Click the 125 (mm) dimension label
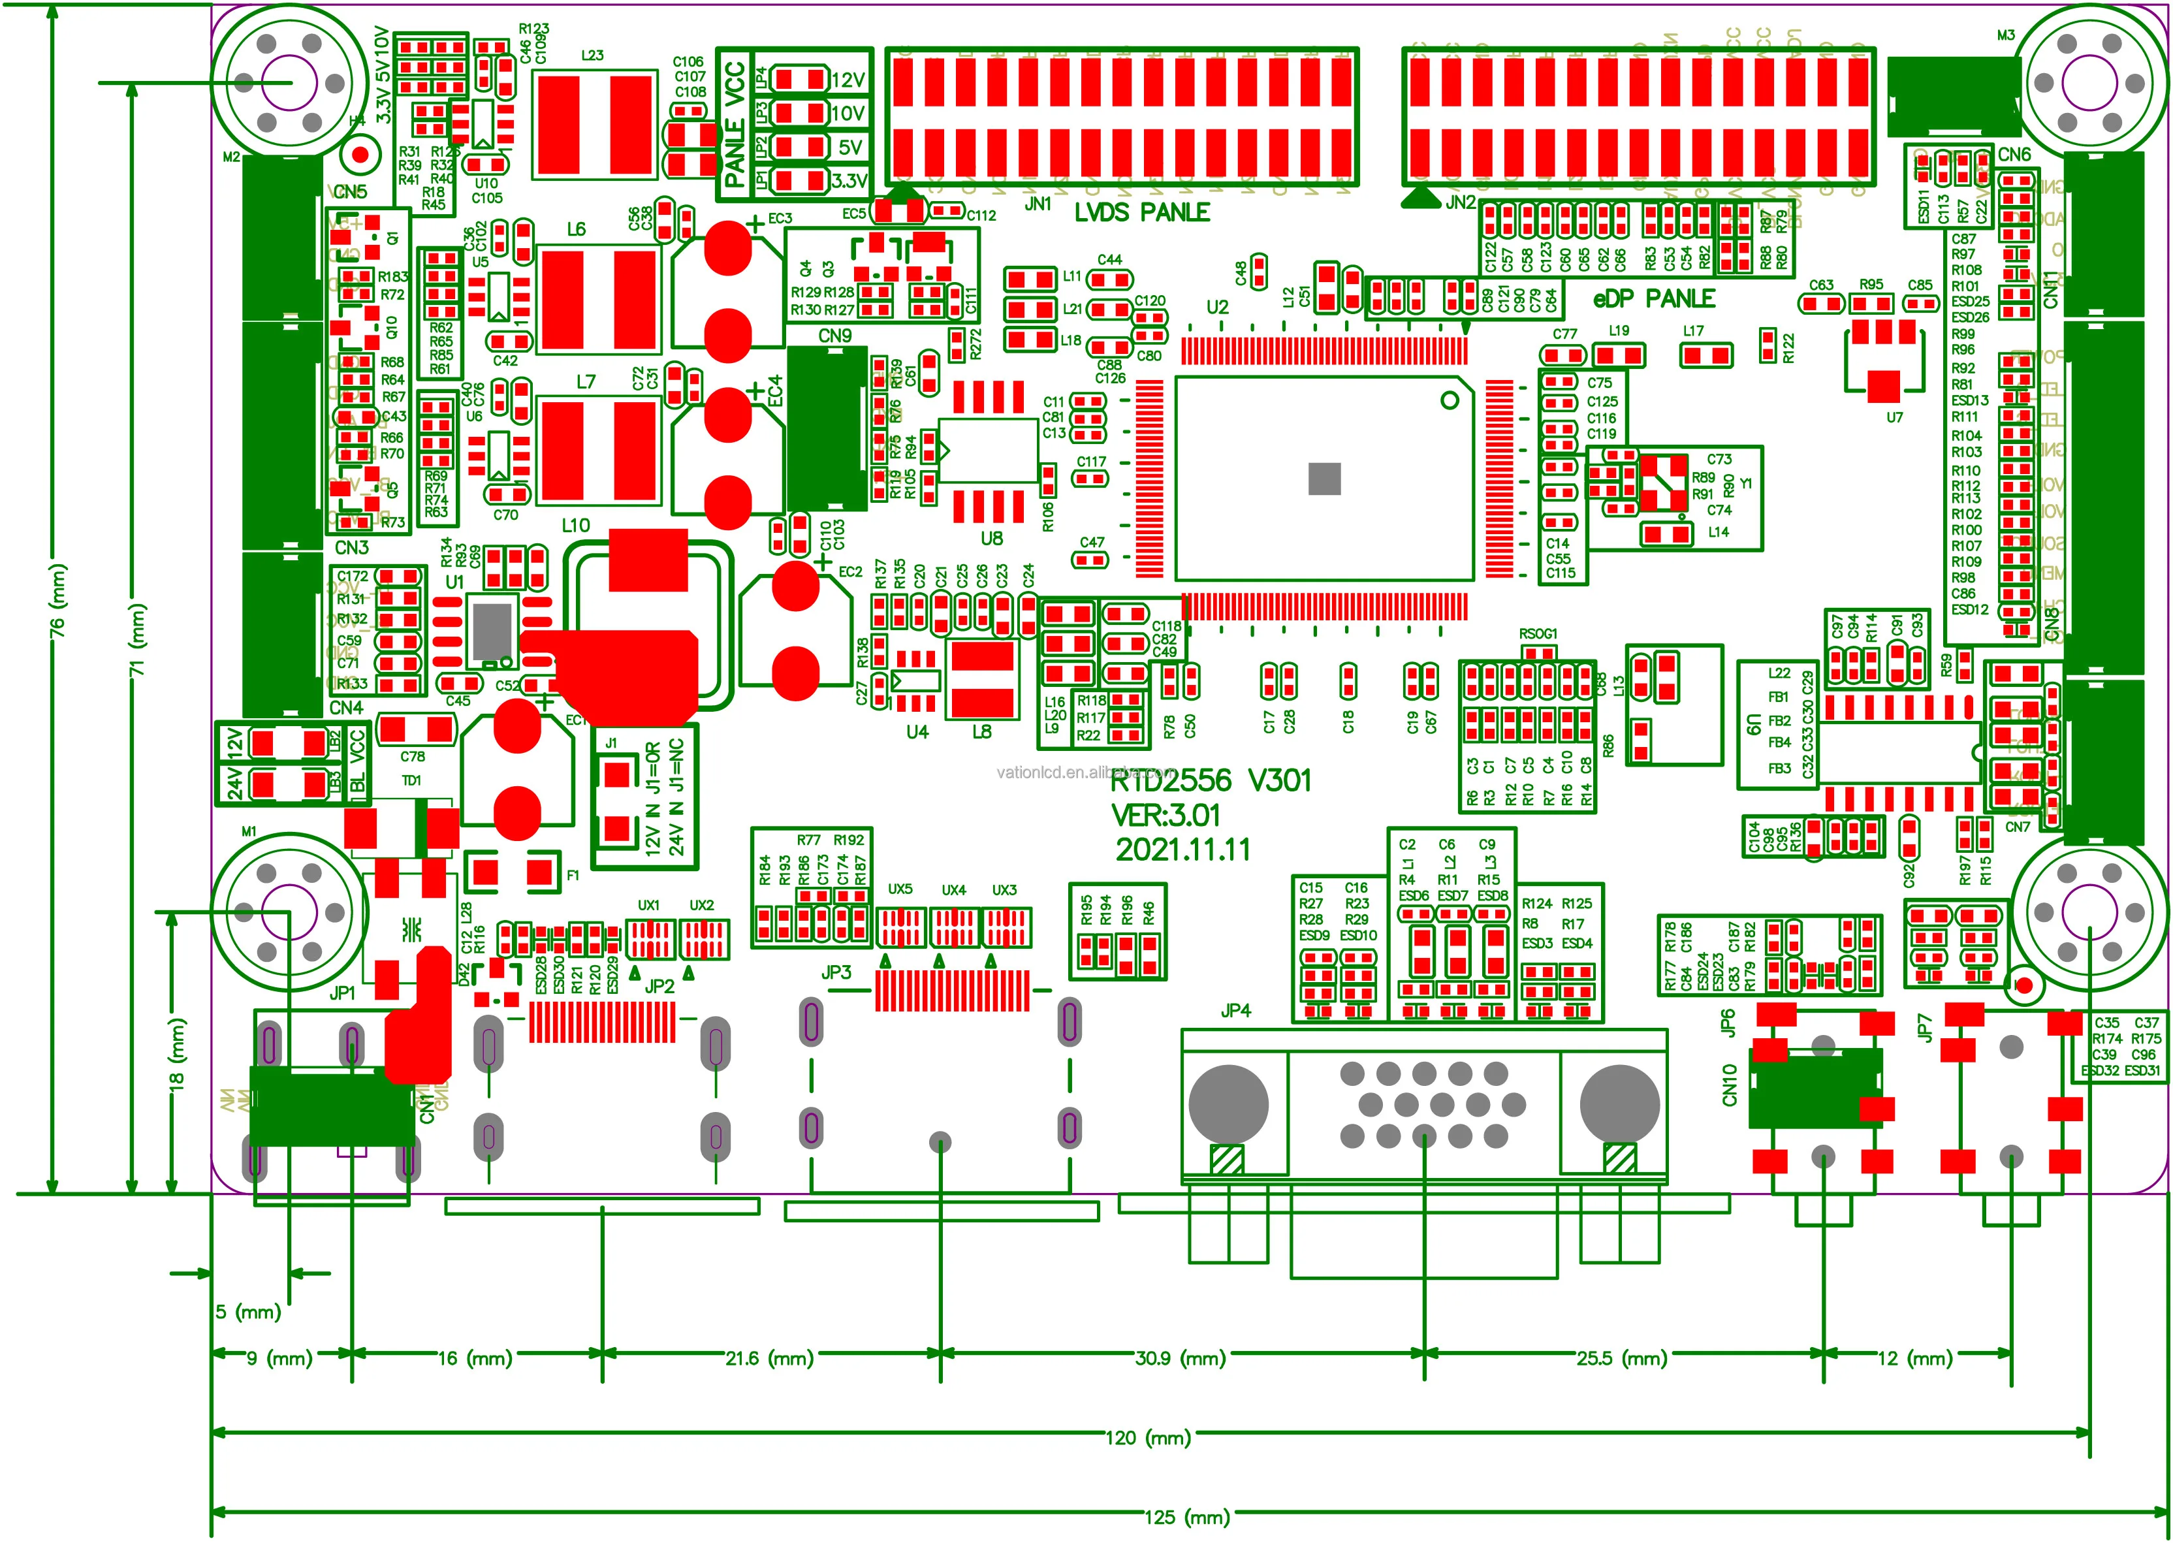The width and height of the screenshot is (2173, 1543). [x=1187, y=1518]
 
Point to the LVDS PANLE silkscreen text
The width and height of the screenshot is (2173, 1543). [x=1142, y=213]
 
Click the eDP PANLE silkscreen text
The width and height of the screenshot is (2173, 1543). [x=1653, y=299]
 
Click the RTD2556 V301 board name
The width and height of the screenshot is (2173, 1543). [x=1211, y=781]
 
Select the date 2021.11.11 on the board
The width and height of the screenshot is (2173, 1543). [x=1183, y=850]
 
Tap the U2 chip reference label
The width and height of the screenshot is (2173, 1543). [x=1217, y=307]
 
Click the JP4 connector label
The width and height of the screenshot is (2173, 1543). [x=1235, y=1011]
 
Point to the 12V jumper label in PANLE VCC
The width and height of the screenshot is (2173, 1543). [x=848, y=80]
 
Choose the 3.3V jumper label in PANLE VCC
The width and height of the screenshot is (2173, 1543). [x=848, y=180]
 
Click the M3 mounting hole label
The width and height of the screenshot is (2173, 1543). [x=2005, y=35]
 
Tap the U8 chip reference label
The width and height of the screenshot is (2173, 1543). [x=991, y=539]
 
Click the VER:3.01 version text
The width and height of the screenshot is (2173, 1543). [x=1166, y=815]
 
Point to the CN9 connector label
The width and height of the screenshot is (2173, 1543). [x=834, y=336]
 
